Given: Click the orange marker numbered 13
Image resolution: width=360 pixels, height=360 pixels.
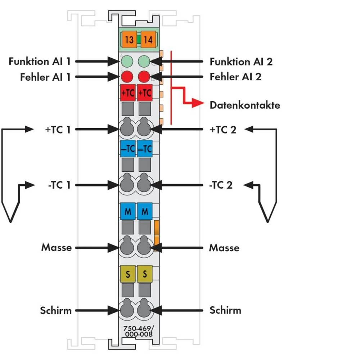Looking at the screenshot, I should coord(129,39).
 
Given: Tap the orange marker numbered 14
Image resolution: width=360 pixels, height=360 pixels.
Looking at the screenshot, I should coord(148,39).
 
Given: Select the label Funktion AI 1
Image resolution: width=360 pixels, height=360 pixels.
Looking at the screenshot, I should coord(39,61).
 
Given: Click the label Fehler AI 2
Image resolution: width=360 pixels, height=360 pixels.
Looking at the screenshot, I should coord(235,77).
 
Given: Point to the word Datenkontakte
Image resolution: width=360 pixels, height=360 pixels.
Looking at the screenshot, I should coord(245,105).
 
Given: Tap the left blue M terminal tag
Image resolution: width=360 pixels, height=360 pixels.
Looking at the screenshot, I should coord(127,212).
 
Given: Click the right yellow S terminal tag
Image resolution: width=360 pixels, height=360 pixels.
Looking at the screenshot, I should coord(145,275).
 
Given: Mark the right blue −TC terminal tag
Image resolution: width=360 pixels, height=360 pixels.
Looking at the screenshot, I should coord(145,149).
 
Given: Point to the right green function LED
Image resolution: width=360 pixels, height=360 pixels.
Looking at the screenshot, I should coord(144,61).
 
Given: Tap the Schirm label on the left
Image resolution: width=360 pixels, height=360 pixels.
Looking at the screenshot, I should coord(56,310).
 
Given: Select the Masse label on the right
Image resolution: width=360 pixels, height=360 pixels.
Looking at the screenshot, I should coord(224,248).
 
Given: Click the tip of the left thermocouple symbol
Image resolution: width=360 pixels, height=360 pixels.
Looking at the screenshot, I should coord(11,221).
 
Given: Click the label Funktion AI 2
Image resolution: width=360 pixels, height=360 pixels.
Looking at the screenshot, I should coord(241,61).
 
